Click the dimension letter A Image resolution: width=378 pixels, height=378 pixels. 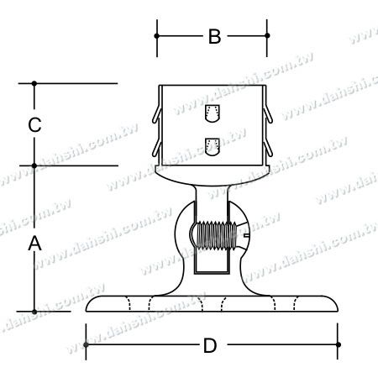(34, 244)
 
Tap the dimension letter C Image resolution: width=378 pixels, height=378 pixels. (34, 125)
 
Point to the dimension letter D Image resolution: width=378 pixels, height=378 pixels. (212, 344)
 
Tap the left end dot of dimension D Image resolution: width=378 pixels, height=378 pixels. (87, 344)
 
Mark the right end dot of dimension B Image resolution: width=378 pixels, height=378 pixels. (268, 36)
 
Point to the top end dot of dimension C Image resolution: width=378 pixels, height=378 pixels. (34, 83)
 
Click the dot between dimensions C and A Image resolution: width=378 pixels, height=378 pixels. (34, 165)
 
